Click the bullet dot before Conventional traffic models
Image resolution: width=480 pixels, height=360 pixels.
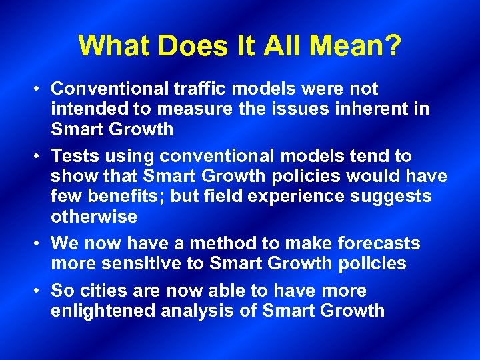(x=39, y=89)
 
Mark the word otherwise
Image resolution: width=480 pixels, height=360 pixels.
(x=94, y=217)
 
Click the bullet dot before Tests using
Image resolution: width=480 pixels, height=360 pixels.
(x=39, y=157)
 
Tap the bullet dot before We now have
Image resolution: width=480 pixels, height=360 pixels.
(x=39, y=244)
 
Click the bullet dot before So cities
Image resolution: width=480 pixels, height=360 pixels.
(x=39, y=291)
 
